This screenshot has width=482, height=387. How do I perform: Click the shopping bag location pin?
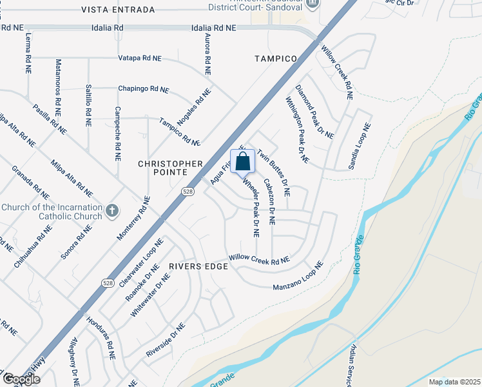tap(243, 162)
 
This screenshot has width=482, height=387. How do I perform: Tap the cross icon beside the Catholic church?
tap(112, 211)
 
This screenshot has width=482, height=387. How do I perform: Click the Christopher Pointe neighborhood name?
tap(171, 168)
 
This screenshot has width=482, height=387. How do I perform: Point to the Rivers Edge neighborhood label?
tap(198, 266)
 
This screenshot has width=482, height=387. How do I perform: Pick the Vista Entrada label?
tap(119, 10)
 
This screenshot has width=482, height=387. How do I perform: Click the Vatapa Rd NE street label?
tap(140, 58)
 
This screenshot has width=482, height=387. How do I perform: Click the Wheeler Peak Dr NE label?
tap(251, 208)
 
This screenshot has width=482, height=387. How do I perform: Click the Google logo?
tap(21, 379)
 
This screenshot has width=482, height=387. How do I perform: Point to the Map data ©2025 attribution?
tap(454, 382)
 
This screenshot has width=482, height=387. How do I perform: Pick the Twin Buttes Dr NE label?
tap(274, 172)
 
